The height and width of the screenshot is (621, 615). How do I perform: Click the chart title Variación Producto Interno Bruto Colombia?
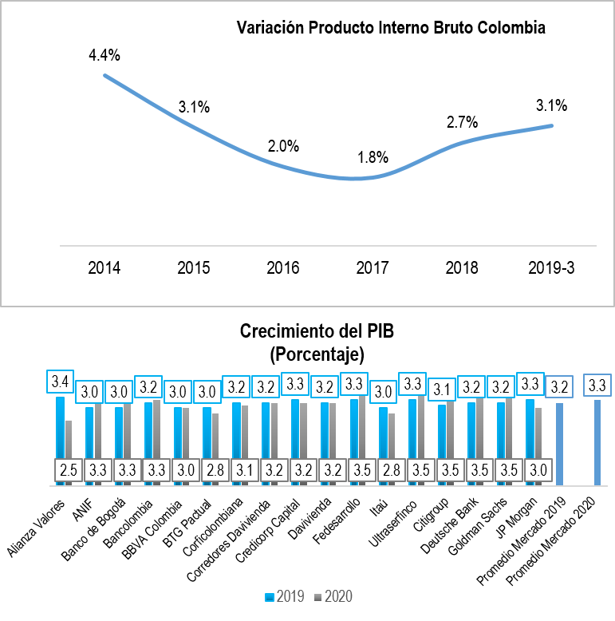tap(391, 28)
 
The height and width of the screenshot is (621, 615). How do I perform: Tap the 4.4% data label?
tap(104, 55)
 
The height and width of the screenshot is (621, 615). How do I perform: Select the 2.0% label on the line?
tap(283, 146)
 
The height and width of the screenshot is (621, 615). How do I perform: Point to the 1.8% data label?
tap(372, 157)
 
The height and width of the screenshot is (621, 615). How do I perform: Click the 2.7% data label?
tap(462, 122)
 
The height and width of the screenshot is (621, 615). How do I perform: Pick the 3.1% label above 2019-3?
tap(551, 105)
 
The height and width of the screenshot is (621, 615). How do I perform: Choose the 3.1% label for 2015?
tap(194, 107)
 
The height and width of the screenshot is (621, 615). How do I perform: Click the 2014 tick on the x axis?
tap(104, 267)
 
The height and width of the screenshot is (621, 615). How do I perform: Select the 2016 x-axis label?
tap(283, 267)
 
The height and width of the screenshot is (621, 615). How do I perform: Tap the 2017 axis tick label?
tap(373, 267)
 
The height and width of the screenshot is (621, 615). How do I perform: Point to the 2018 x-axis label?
tap(462, 267)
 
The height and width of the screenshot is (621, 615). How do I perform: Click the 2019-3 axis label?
tap(551, 267)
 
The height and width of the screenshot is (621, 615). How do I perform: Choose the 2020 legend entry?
tap(333, 597)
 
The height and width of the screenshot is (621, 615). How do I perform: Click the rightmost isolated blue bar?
tap(597, 442)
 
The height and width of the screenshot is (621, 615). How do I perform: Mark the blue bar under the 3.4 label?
tap(60, 439)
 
